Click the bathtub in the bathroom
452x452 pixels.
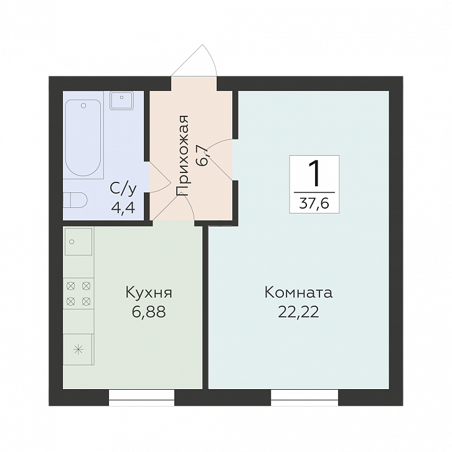(83, 138)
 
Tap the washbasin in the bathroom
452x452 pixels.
(121, 100)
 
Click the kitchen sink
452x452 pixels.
(78, 242)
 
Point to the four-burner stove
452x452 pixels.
(78, 293)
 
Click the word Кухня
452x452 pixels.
(149, 293)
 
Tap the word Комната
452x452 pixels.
(298, 293)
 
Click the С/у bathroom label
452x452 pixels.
(123, 188)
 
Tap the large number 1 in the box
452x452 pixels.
(314, 174)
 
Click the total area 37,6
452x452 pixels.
(314, 204)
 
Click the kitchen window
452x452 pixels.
(141, 397)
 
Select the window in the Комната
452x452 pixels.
(304, 397)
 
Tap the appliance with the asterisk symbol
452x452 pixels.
(78, 349)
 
